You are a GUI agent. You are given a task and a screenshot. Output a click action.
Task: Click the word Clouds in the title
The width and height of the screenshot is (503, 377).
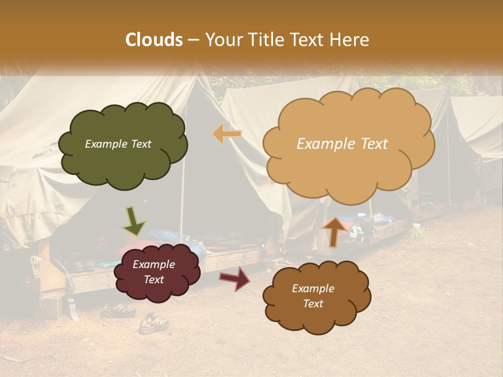click(x=154, y=40)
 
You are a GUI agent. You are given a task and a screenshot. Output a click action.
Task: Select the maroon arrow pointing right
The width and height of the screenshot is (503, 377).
click(x=235, y=278)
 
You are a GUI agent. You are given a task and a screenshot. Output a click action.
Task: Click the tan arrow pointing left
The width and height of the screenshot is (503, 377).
click(x=227, y=134)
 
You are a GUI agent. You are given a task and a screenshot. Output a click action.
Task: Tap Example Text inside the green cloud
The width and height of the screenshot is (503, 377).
click(x=118, y=144)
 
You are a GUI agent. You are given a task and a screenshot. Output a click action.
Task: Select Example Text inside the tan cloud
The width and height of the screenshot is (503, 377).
click(x=342, y=144)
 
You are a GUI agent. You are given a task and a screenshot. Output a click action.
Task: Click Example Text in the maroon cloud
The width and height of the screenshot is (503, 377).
click(x=154, y=272)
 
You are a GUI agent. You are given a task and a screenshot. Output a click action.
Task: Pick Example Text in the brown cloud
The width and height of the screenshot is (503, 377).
click(x=313, y=296)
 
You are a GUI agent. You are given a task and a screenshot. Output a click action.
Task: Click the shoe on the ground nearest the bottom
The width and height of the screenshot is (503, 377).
click(x=153, y=324)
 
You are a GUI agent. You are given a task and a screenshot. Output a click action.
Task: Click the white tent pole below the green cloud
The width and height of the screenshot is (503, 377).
click(x=181, y=209)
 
